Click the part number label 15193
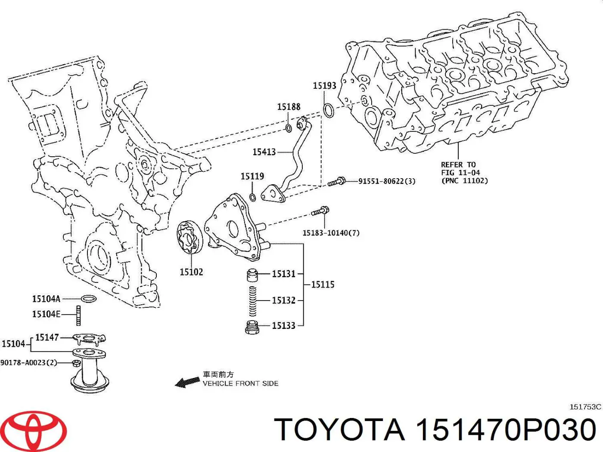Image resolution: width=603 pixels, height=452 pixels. point(324,86)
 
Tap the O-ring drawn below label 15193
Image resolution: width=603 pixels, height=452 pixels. point(328,110)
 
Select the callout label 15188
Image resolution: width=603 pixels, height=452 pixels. point(289,107)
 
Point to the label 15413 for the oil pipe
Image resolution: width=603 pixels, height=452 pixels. point(264,152)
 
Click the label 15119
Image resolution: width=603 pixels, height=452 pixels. point(252,176)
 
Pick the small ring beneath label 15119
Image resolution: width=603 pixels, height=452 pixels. point(253,197)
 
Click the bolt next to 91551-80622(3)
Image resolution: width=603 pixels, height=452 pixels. point(337,182)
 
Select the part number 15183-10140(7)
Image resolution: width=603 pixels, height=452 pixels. point(331,233)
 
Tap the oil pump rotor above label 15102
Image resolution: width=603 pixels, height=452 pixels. point(189,238)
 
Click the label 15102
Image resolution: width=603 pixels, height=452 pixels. point(191,272)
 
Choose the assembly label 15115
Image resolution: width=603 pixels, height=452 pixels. point(323,285)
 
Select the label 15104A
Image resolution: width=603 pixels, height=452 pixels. point(46,299)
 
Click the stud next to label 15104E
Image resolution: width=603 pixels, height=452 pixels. point(79,315)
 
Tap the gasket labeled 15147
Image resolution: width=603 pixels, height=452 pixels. point(89,339)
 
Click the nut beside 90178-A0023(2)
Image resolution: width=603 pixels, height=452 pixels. point(76,363)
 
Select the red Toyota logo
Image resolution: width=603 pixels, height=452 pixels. point(34,430)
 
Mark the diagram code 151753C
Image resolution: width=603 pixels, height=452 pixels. point(585,407)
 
